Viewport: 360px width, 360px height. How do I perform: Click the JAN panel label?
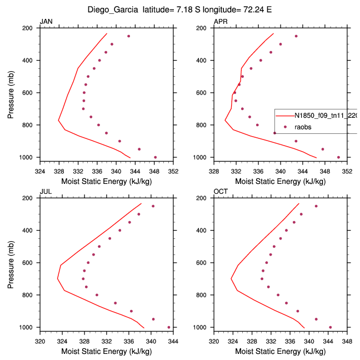click(46, 22)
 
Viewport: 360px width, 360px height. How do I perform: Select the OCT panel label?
click(221, 192)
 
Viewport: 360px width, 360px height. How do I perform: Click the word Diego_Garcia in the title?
click(112, 9)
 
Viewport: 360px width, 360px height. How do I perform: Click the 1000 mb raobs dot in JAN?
click(155, 157)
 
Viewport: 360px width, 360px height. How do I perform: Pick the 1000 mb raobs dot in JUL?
click(169, 327)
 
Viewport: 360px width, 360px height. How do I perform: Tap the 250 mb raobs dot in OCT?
click(316, 206)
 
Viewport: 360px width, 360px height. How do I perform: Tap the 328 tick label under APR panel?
click(214, 171)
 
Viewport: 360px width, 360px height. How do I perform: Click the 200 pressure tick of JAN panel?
click(31, 28)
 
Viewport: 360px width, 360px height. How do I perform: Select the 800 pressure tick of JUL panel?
click(31, 295)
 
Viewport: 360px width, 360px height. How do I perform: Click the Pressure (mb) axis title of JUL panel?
click(12, 262)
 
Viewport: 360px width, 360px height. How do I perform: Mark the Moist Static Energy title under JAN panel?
click(106, 181)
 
